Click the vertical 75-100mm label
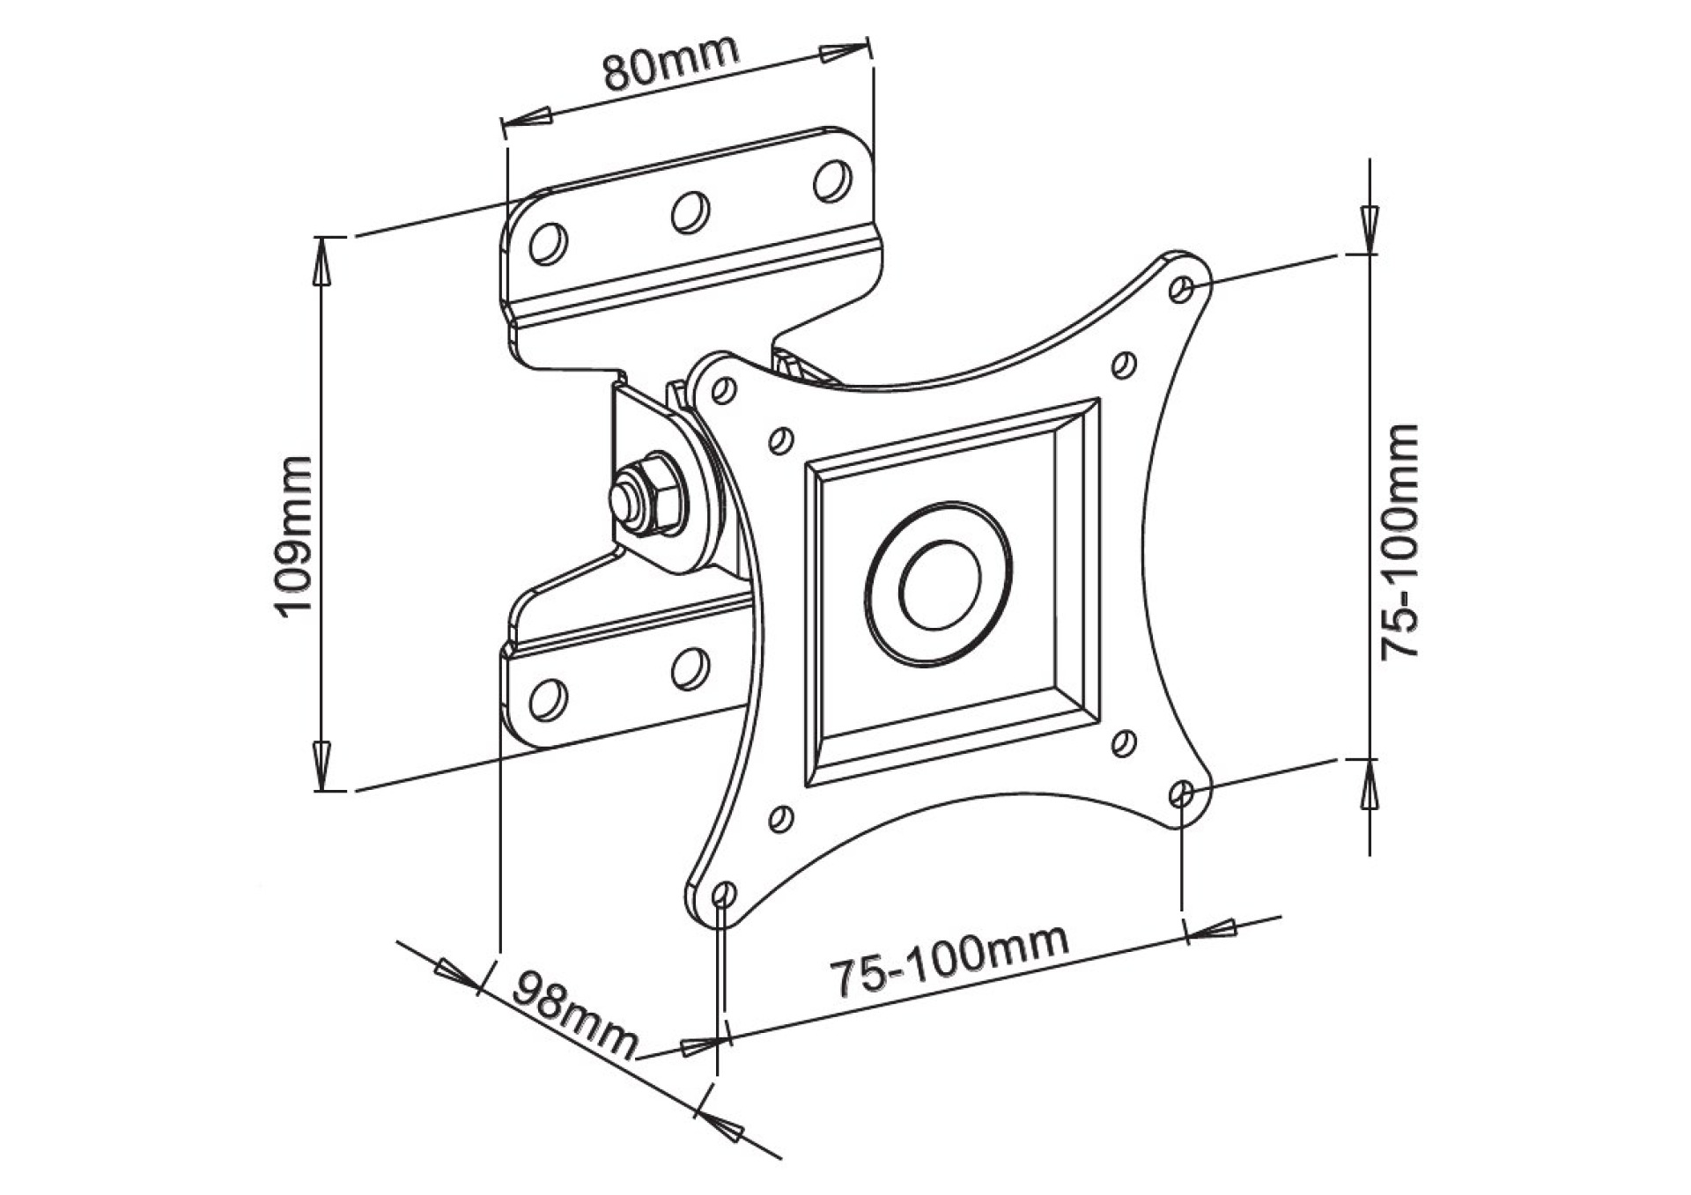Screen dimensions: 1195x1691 [1399, 542]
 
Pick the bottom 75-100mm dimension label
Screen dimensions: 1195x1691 [950, 960]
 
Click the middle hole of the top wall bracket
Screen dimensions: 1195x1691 [690, 210]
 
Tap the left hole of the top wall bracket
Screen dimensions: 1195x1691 [548, 242]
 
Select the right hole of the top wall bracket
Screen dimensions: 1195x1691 [831, 180]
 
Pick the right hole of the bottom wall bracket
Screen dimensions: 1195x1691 [690, 668]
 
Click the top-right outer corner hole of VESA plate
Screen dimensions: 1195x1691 [1185, 288]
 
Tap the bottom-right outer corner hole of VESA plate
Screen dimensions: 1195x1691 [1184, 794]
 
